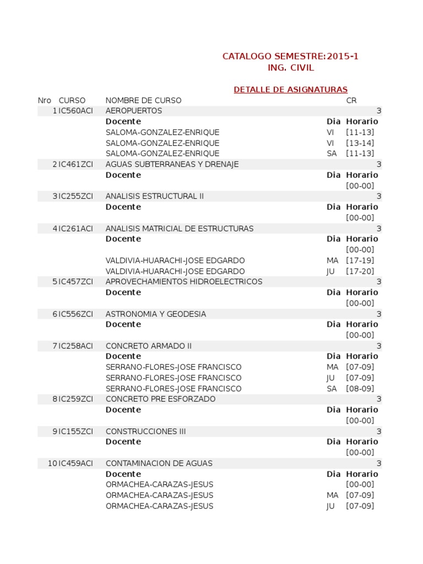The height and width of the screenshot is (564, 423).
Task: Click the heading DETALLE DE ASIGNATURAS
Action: click(x=290, y=90)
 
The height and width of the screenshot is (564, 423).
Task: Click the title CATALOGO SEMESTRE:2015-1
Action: click(x=290, y=56)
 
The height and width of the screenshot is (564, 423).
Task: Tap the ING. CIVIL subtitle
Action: click(x=290, y=68)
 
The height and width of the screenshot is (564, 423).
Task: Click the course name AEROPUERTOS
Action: click(x=134, y=111)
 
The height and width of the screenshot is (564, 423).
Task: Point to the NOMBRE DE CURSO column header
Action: click(x=143, y=100)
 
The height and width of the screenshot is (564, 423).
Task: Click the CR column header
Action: click(x=351, y=100)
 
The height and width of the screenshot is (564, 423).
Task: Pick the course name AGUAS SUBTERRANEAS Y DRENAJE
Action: click(x=172, y=164)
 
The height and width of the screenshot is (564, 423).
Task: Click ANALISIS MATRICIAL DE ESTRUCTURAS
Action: click(x=180, y=229)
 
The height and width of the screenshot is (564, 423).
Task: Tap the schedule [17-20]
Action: click(x=360, y=272)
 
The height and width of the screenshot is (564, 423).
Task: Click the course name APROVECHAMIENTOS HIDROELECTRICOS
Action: click(x=184, y=282)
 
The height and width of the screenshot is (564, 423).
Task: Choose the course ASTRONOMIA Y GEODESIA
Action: click(x=156, y=314)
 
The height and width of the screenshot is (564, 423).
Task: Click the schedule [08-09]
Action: click(x=360, y=389)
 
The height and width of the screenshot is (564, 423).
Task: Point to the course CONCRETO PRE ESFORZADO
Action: click(x=160, y=399)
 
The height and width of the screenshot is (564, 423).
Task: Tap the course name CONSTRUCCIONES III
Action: click(x=146, y=431)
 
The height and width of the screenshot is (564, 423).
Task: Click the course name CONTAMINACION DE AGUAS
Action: click(x=159, y=464)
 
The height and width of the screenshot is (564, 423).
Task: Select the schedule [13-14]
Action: click(x=360, y=143)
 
